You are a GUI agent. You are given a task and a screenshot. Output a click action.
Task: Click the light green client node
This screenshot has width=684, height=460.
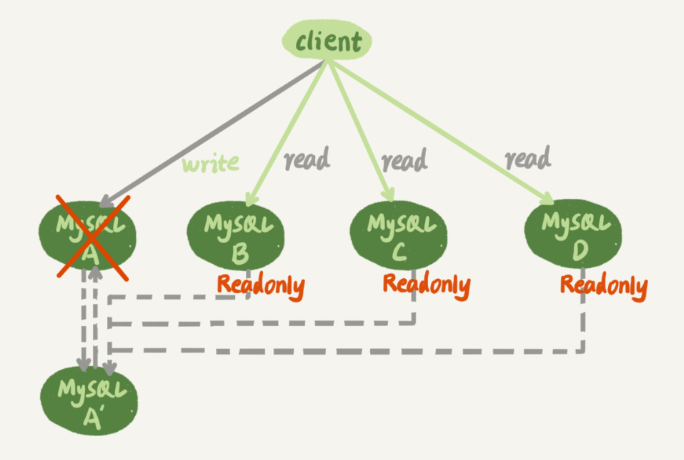[327, 39]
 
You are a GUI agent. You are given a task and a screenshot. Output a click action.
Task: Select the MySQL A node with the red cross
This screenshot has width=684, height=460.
[91, 236]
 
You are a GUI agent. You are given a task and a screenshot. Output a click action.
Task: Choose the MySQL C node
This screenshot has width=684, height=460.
[398, 232]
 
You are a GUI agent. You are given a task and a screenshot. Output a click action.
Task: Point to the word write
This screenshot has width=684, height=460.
[210, 162]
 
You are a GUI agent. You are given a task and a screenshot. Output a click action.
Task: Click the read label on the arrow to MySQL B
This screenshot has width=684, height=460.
[306, 158]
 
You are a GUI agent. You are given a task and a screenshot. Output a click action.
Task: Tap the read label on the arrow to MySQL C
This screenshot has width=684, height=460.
[403, 158]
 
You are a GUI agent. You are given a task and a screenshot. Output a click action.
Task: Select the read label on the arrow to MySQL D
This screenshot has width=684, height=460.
[527, 157]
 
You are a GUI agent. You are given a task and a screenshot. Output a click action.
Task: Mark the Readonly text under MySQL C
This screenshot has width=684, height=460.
[426, 285]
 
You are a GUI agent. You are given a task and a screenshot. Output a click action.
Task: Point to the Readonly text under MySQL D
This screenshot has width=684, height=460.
[603, 286]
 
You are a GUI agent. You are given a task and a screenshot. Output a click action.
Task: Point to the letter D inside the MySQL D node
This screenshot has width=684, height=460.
[578, 248]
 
